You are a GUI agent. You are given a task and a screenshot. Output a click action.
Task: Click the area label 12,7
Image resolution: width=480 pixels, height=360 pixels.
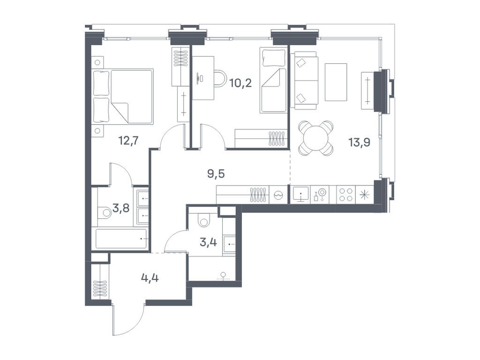pos(127,140)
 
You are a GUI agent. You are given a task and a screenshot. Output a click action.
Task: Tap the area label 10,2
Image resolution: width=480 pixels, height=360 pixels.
pos(240,83)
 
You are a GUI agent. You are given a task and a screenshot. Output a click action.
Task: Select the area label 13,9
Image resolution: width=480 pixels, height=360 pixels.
pos(360,142)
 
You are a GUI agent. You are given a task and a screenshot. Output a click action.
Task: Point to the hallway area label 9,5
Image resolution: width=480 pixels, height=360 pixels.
pos(216,174)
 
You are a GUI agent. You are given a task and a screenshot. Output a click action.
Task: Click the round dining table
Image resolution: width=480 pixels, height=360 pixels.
pos(316,138)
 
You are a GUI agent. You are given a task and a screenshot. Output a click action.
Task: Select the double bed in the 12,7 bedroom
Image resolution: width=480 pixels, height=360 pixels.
pos(124,97)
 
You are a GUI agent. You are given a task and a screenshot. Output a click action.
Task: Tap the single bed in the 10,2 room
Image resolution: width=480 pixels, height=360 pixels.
pos(273,82)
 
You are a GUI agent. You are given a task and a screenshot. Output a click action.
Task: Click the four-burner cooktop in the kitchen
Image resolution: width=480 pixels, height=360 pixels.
pos(346,195)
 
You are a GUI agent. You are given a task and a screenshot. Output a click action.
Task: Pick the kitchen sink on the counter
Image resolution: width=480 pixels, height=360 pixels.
pos(300,195)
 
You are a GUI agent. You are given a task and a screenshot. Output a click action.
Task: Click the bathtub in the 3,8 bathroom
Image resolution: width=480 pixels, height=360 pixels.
pos(121,239)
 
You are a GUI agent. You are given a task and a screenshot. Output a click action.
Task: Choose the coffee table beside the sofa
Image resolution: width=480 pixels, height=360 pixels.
pos(336,82)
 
